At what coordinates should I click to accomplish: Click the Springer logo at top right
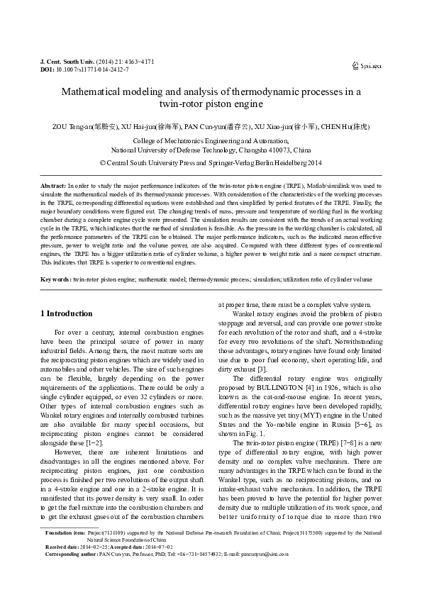[x=367, y=66]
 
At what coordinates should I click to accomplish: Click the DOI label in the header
[x=47, y=70]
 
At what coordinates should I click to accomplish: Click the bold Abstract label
[x=53, y=184]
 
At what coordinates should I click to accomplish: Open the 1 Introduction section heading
[x=66, y=313]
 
